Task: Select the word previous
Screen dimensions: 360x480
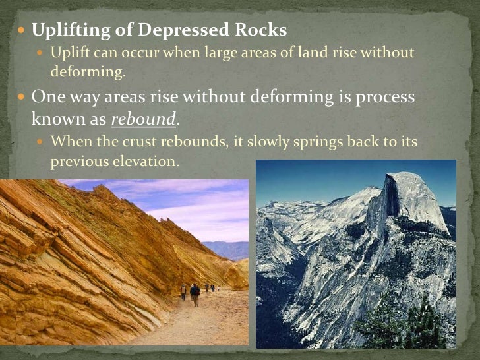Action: (x=76, y=162)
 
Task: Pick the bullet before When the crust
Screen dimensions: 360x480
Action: (x=41, y=142)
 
